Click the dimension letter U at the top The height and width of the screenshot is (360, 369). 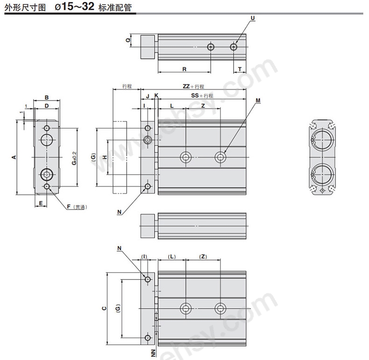pyautogui.click(x=253, y=18)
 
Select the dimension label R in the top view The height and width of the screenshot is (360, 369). pyautogui.click(x=184, y=69)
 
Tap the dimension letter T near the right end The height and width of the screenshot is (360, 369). pyautogui.click(x=240, y=69)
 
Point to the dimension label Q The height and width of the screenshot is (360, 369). pyautogui.click(x=128, y=40)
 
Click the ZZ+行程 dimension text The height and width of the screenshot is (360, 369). pyautogui.click(x=193, y=86)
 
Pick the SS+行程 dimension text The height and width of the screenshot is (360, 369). pyautogui.click(x=202, y=95)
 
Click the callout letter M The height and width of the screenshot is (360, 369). pyautogui.click(x=258, y=101)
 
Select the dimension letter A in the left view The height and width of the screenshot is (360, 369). pyautogui.click(x=14, y=157)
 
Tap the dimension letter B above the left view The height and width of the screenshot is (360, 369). pyautogui.click(x=47, y=97)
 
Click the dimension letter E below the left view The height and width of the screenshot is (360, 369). pyautogui.click(x=41, y=203)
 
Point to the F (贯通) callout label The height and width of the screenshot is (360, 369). pyautogui.click(x=77, y=207)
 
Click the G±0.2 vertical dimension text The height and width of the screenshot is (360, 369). pyautogui.click(x=74, y=158)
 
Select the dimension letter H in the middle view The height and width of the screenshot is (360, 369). pyautogui.click(x=105, y=157)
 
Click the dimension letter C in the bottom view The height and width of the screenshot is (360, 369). pyautogui.click(x=104, y=309)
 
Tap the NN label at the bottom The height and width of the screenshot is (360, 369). pyautogui.click(x=153, y=353)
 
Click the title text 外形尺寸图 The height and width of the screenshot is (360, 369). pyautogui.click(x=25, y=8)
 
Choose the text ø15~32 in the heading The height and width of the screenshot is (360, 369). pyautogui.click(x=75, y=7)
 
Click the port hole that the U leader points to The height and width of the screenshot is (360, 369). pyautogui.click(x=234, y=47)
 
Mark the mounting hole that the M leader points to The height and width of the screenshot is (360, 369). pyautogui.click(x=220, y=157)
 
